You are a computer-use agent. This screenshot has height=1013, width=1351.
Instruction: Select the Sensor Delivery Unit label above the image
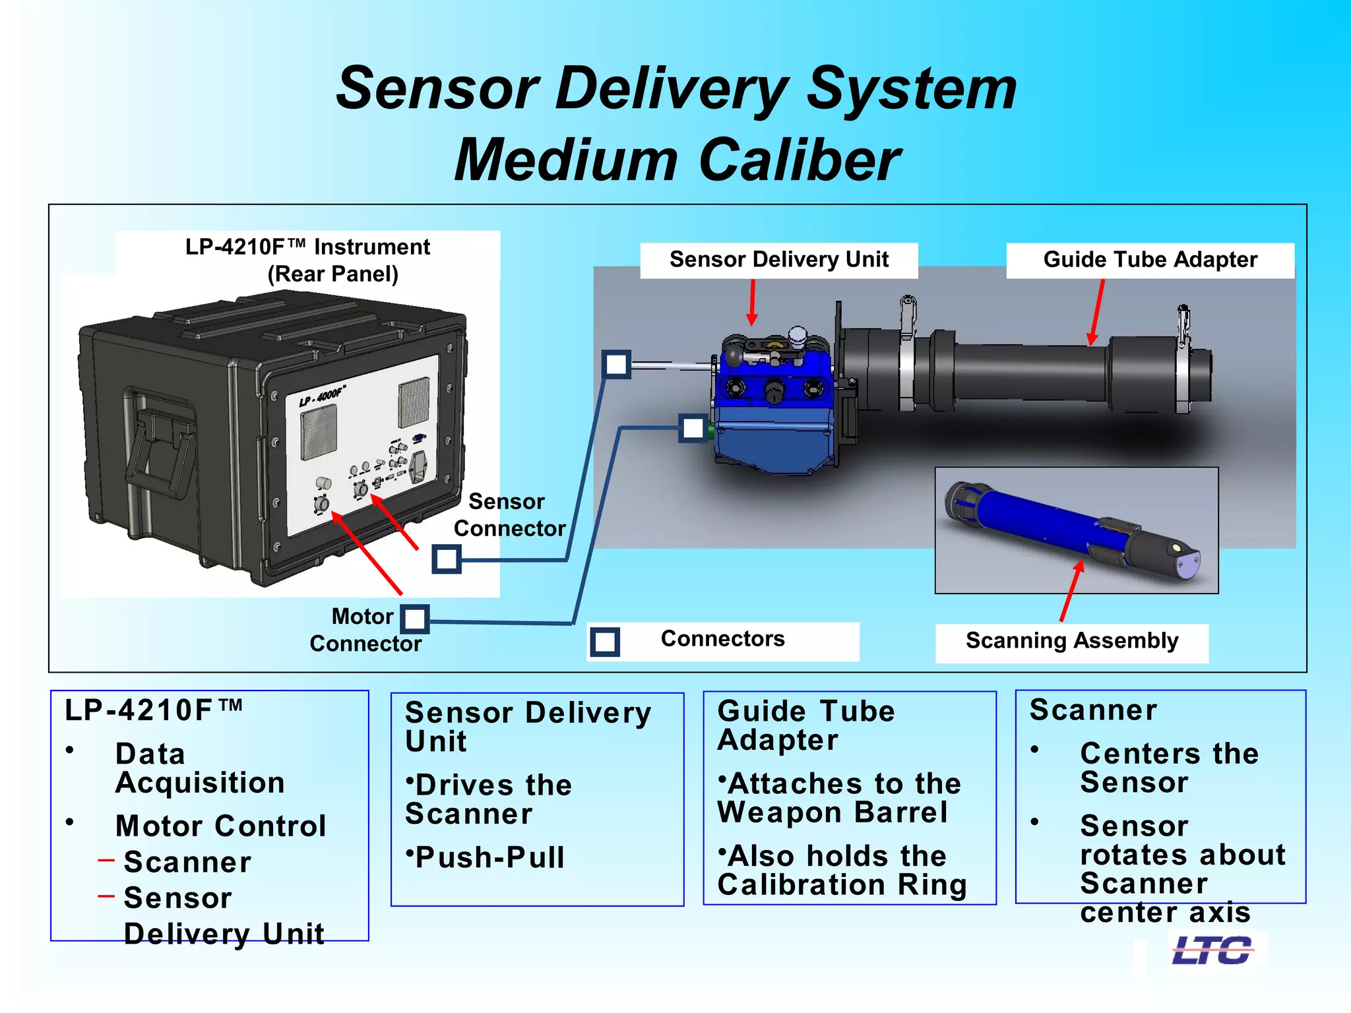(x=778, y=260)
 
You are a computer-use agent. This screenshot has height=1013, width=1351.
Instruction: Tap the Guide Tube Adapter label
(x=1150, y=260)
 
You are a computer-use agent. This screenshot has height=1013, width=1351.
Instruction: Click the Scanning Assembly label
(x=1071, y=641)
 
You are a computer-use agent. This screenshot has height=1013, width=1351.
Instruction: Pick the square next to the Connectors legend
(x=604, y=642)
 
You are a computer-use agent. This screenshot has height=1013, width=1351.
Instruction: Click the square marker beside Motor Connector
(x=414, y=619)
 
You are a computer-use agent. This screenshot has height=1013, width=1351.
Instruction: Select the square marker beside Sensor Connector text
(x=447, y=559)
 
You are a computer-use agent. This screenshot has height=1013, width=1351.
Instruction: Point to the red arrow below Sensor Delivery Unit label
(x=752, y=302)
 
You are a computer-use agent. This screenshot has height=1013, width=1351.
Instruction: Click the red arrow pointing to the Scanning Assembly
(x=1071, y=590)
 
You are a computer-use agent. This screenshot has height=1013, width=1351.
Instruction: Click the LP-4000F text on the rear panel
(x=322, y=396)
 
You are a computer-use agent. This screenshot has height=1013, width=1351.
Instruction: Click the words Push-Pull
(x=489, y=858)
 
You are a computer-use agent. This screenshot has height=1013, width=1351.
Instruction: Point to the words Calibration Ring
(x=842, y=885)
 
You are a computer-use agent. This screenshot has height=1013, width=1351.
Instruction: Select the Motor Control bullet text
(x=220, y=826)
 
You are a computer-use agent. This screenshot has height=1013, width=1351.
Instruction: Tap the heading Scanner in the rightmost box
(x=1093, y=710)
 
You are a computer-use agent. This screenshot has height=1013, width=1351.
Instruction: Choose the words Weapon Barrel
(x=833, y=813)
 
